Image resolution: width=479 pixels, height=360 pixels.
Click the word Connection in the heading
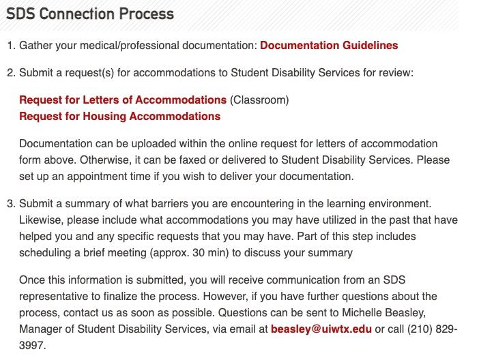click(x=74, y=14)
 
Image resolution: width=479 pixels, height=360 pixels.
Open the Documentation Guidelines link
click(x=329, y=46)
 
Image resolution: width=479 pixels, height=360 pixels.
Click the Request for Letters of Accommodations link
click(x=123, y=100)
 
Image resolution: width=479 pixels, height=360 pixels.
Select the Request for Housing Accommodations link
click(x=119, y=116)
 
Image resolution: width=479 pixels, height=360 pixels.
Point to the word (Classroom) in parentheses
click(x=259, y=100)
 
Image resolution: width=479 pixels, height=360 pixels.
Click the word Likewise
click(x=42, y=220)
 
